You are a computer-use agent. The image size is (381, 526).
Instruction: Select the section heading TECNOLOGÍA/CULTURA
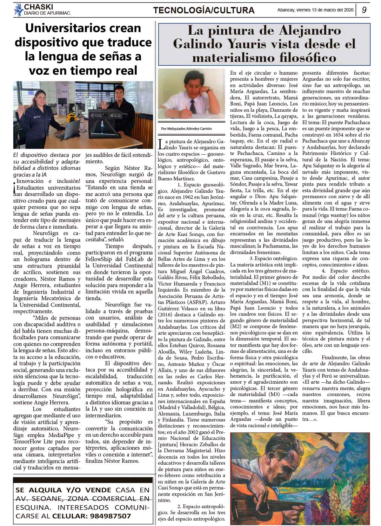pos(204,10)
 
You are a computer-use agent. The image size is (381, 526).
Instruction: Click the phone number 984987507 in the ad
pos(110,516)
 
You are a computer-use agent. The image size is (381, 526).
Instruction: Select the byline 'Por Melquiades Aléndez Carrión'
pos(186,129)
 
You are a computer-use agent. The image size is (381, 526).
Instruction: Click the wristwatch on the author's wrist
pos(209,90)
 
